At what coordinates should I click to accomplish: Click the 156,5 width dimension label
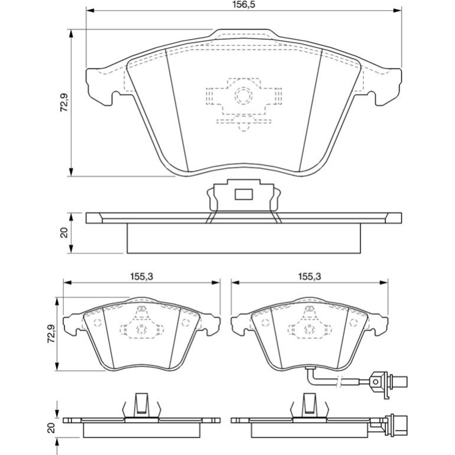point(244,5)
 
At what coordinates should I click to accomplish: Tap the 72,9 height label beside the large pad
point(64,102)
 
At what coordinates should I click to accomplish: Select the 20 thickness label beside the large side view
point(64,233)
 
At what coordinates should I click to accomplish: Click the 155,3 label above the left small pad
point(142,277)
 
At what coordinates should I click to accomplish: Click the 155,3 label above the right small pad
point(310,277)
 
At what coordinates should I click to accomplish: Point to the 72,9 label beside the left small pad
point(51,334)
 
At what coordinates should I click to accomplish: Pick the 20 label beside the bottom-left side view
point(51,428)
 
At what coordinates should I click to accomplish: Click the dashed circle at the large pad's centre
point(243,95)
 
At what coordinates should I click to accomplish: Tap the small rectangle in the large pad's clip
point(243,194)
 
